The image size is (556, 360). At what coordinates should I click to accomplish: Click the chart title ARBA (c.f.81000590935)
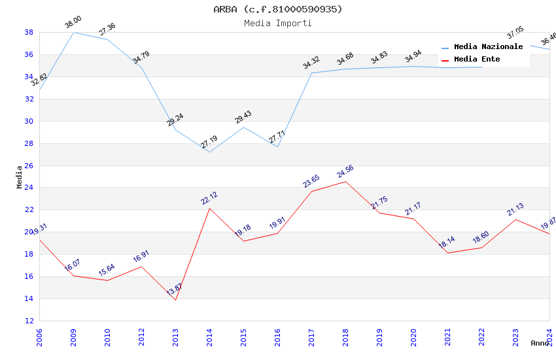(x=277, y=9)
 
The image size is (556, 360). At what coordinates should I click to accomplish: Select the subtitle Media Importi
(x=277, y=23)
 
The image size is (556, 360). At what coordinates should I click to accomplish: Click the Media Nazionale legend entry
(x=488, y=47)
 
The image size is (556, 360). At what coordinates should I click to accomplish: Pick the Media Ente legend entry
(x=477, y=60)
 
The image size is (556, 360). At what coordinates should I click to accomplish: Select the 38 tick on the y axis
(x=29, y=32)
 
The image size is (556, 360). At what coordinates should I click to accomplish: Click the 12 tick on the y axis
(x=29, y=321)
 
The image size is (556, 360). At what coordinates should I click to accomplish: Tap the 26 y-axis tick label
(x=29, y=166)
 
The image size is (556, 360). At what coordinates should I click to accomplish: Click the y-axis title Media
(x=20, y=177)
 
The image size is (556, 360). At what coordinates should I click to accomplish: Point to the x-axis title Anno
(x=540, y=343)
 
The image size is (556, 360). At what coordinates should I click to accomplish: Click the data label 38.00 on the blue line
(x=73, y=24)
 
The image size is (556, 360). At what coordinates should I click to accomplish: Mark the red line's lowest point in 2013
(x=175, y=300)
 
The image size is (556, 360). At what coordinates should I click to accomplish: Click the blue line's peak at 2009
(x=73, y=32)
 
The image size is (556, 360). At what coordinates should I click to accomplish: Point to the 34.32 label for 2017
(x=311, y=63)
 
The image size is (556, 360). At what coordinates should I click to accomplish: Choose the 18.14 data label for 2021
(x=447, y=243)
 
